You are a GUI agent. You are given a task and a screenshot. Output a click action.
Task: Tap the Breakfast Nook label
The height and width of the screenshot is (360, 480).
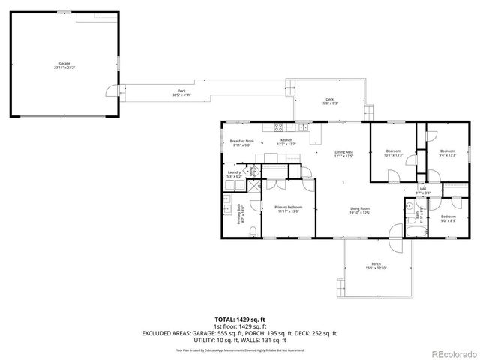[x=242, y=143]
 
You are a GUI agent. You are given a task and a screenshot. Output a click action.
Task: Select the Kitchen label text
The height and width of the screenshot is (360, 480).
[x=286, y=142]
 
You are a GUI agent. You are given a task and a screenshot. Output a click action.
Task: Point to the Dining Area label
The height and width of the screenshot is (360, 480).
[x=343, y=154]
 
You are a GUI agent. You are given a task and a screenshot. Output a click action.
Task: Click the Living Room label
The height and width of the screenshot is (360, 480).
[x=361, y=211]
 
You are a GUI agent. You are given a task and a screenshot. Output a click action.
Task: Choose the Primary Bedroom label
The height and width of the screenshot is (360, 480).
[x=288, y=209]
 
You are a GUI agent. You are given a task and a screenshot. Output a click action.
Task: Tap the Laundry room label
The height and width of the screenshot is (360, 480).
[x=235, y=174]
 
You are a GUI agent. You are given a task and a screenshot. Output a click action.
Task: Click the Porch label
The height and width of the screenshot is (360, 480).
[x=376, y=266]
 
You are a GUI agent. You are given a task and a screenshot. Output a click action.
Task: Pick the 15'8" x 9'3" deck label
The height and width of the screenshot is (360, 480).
[x=329, y=101]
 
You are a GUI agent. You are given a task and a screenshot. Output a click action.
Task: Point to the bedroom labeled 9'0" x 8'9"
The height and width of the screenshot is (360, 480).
[x=448, y=218]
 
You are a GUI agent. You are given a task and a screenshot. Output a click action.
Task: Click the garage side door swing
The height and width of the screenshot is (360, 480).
[x=110, y=91]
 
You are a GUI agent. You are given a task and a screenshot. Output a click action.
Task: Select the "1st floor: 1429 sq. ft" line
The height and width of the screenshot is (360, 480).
[x=239, y=326]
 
